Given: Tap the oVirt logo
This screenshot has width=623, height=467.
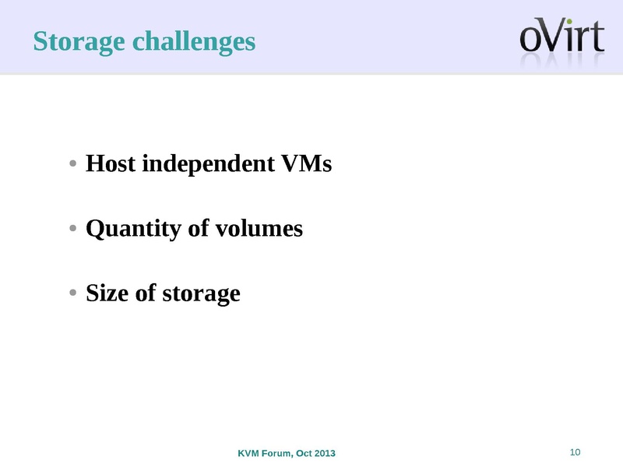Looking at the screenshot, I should (561, 37).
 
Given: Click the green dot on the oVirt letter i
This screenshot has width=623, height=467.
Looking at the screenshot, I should (570, 21).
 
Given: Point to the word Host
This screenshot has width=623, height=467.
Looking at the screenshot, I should (111, 164).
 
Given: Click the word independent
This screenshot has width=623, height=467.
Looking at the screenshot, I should (206, 164).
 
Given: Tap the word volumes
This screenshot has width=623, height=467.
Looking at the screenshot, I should (258, 229).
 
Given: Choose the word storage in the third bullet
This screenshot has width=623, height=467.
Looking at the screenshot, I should (199, 294).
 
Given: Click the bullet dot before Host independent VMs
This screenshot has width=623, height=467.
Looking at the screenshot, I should (72, 164).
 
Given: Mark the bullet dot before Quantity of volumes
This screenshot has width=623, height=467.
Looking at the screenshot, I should (72, 230).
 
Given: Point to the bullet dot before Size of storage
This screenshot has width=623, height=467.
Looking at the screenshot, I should (72, 293).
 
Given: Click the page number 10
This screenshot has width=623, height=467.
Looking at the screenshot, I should (576, 453).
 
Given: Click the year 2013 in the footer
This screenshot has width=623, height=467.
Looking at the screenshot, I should (325, 454).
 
